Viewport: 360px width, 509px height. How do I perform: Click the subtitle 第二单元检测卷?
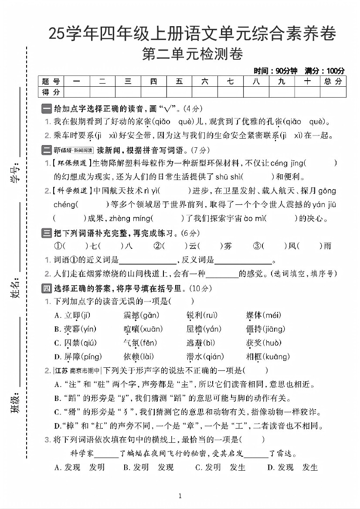(192, 55)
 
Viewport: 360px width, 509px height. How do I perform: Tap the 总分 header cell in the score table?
(333, 81)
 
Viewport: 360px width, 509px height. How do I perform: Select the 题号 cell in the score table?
(51, 81)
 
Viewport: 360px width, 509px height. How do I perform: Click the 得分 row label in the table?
(51, 92)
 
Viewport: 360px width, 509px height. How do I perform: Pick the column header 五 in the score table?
(179, 81)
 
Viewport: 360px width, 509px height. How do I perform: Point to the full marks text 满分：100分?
(324, 71)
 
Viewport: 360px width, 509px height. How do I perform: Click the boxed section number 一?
(46, 109)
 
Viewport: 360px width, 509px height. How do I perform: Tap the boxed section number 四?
(46, 288)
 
